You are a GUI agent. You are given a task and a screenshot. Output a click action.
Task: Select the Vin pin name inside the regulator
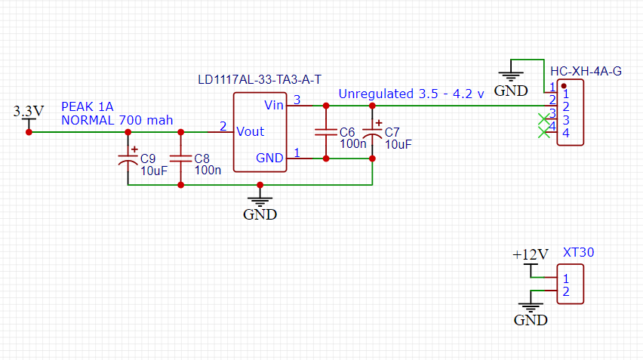pos(274,104)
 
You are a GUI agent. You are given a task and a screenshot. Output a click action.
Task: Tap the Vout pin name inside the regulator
pos(250,131)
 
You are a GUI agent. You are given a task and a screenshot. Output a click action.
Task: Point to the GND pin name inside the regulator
pos(269,158)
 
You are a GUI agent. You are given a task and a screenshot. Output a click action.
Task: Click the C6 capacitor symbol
pos(326,132)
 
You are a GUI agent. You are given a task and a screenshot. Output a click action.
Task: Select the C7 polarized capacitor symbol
pos(372,134)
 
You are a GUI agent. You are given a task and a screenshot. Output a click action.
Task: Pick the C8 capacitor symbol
pos(180,158)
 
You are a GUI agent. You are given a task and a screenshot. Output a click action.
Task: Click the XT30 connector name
pos(579,253)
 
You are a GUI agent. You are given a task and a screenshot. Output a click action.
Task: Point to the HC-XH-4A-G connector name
pos(586,72)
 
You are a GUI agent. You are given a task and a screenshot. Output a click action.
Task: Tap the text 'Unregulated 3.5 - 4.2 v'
pos(411,94)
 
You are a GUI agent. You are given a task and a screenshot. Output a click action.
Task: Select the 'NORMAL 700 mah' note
pos(117,119)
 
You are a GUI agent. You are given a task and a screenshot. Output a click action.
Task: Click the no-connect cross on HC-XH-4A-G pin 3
pos(543,118)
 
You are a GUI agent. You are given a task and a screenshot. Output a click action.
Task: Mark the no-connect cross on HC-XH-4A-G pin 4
pos(543,133)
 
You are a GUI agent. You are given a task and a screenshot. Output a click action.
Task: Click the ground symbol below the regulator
pos(260,200)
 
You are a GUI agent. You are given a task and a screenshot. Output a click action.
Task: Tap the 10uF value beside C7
pos(398,143)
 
